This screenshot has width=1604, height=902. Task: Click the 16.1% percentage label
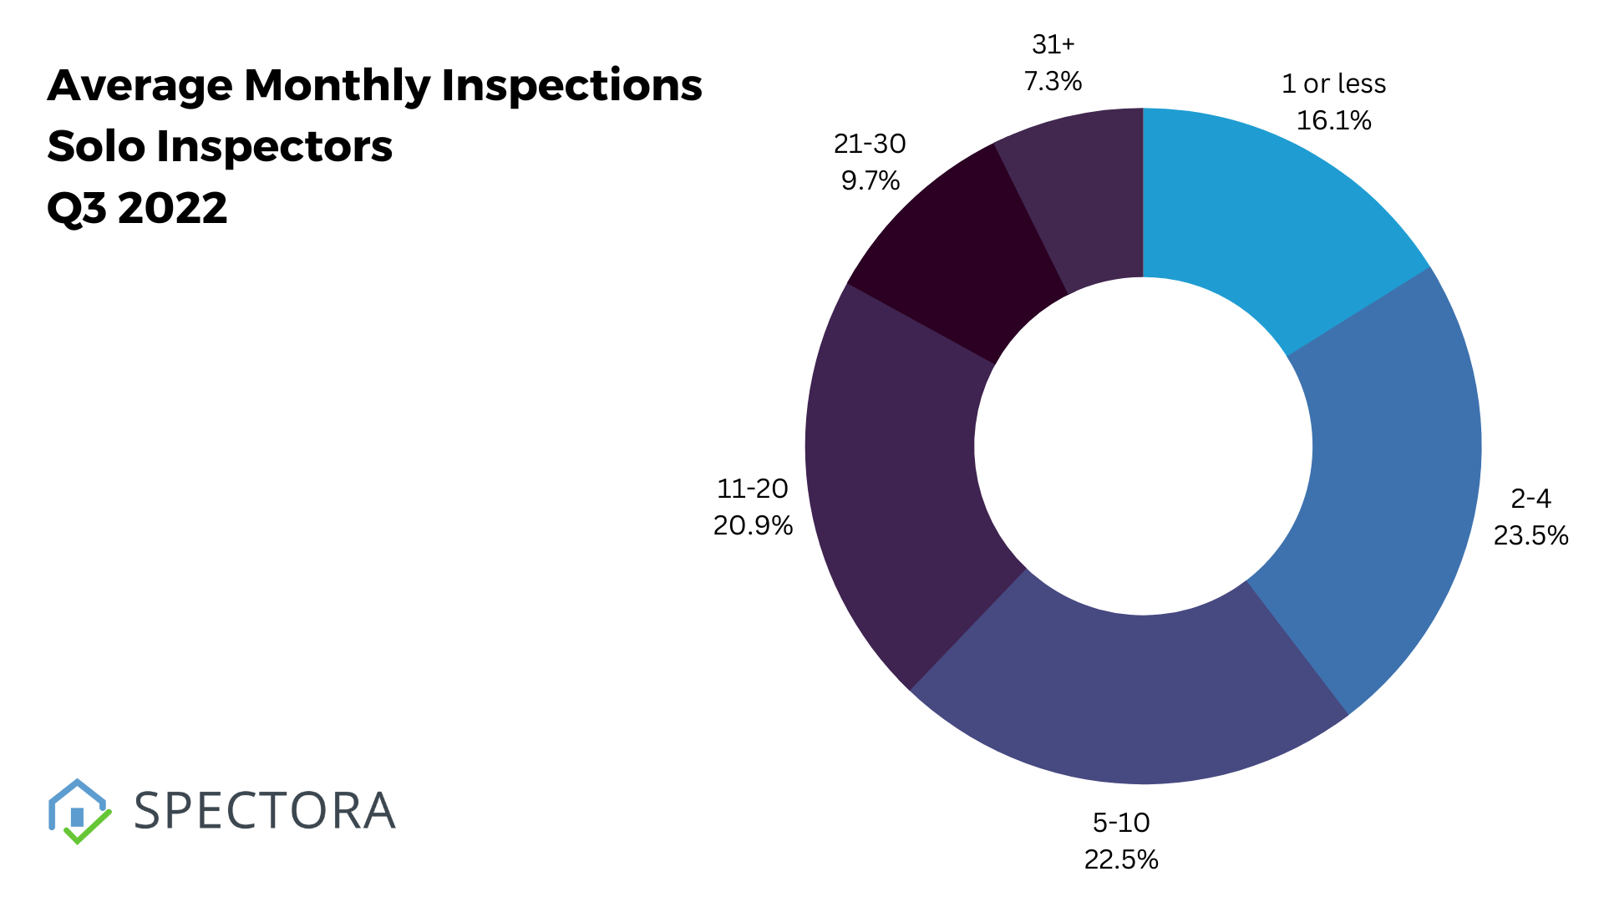(x=1333, y=121)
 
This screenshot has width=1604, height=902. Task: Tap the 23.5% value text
(x=1530, y=535)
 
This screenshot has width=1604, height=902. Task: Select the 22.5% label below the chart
(x=1121, y=859)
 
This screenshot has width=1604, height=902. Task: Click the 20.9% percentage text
(x=753, y=525)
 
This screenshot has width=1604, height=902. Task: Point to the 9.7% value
(x=870, y=180)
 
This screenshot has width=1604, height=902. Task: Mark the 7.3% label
(x=1053, y=82)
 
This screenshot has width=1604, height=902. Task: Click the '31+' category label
(x=1053, y=43)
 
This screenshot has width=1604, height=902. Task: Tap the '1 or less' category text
(x=1333, y=84)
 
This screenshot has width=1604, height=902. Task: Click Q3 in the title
(x=77, y=208)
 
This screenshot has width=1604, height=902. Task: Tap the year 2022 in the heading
(x=172, y=208)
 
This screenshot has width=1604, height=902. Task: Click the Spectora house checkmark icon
(x=79, y=811)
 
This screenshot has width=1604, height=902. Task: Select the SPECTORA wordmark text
(x=264, y=811)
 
